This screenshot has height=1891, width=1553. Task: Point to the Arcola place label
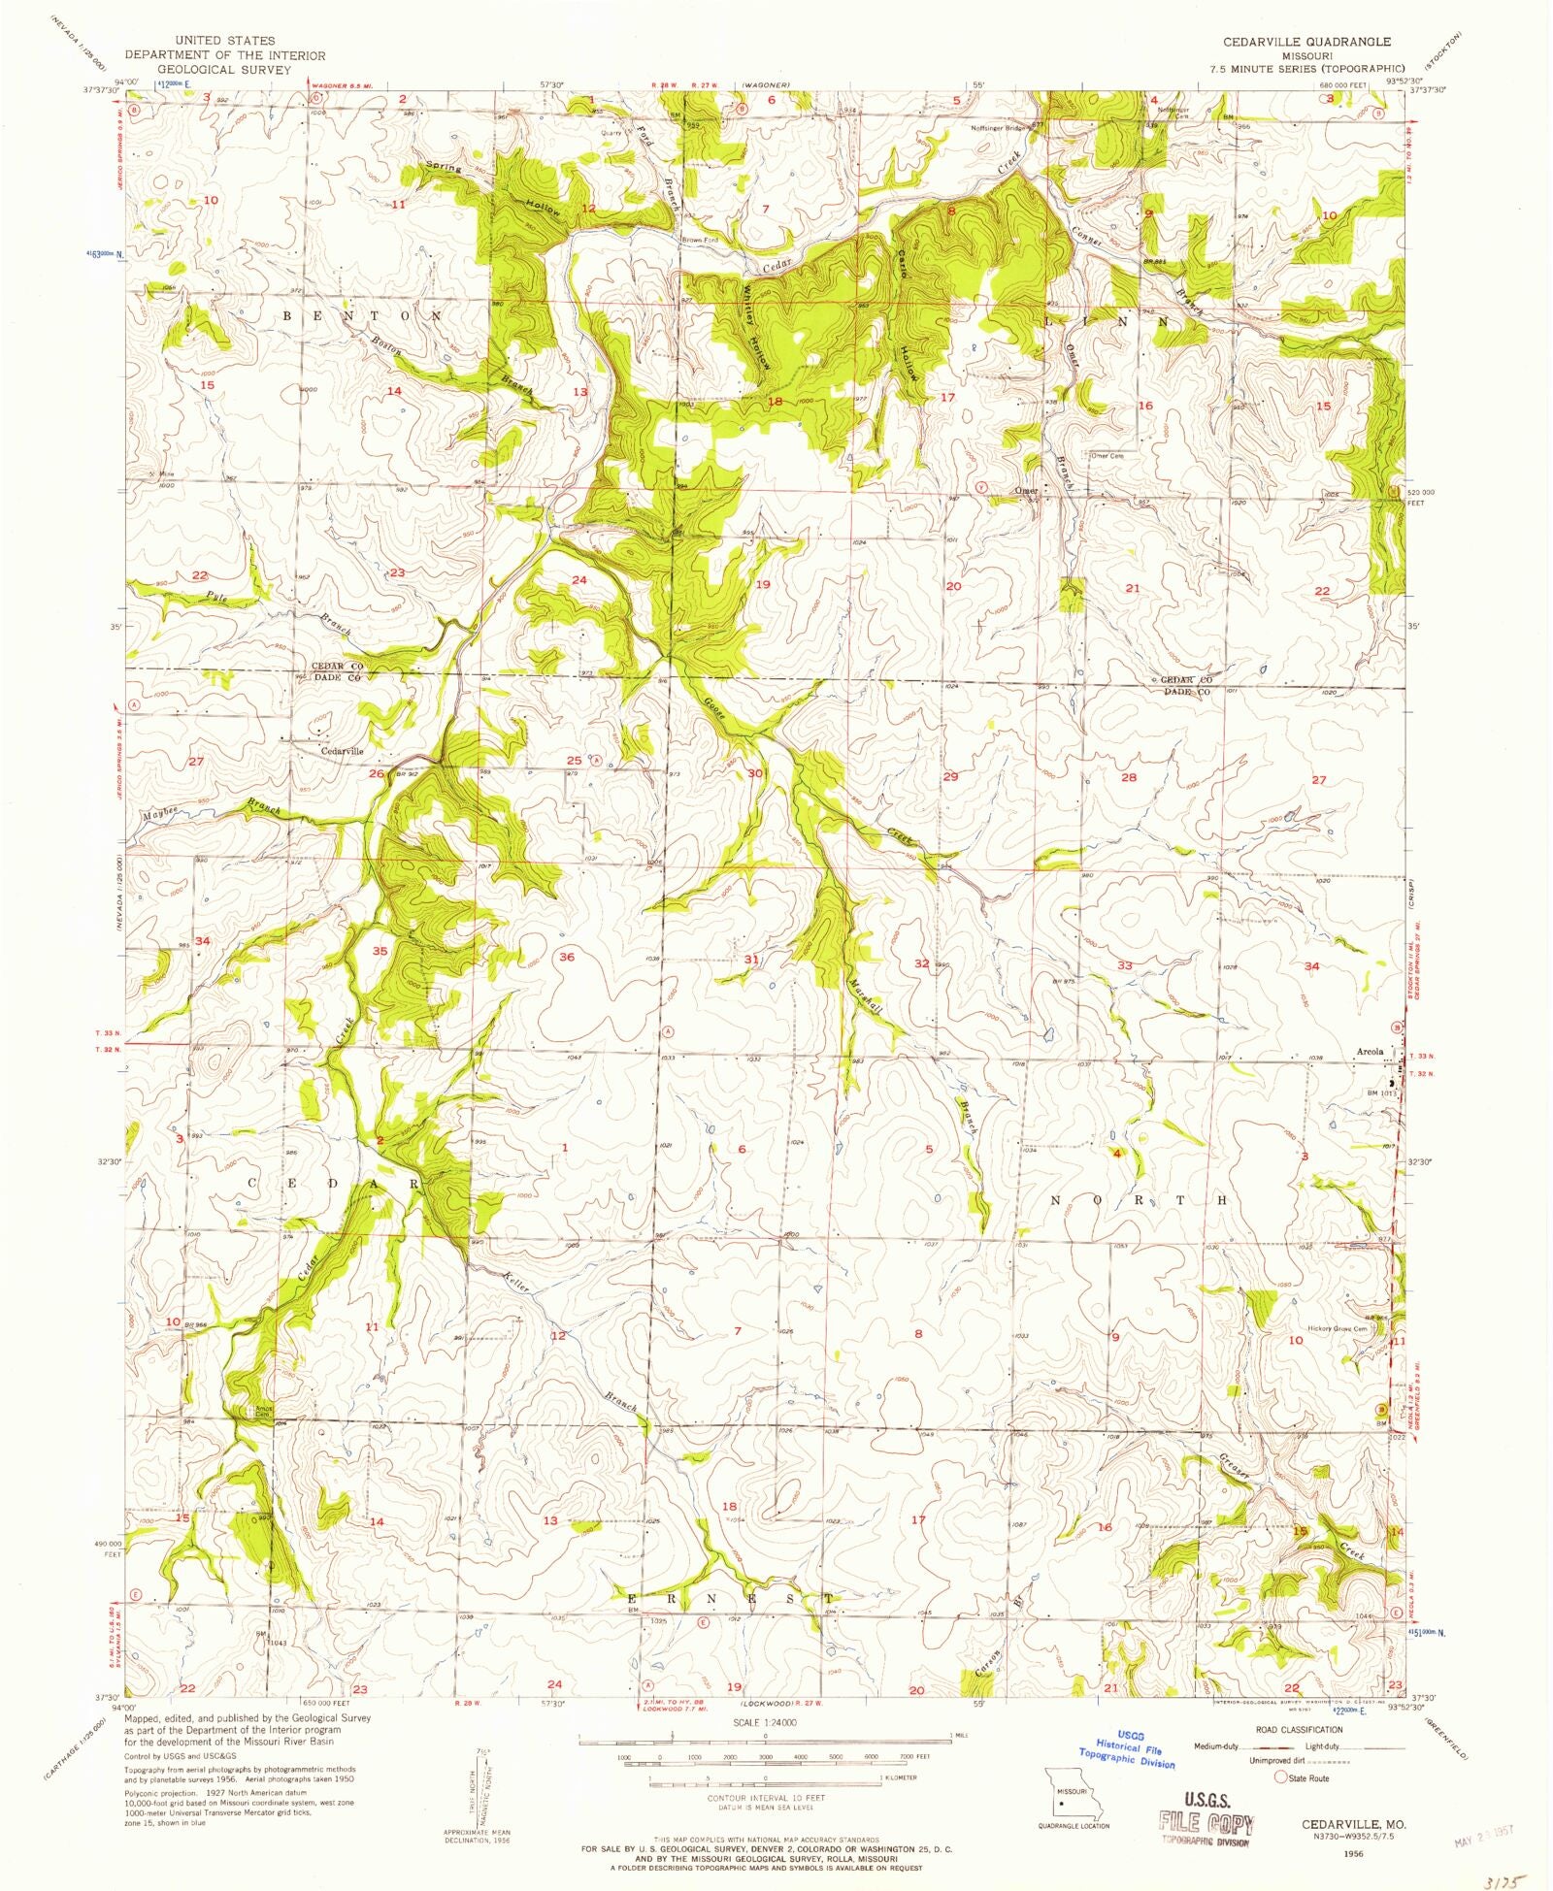(x=1369, y=1051)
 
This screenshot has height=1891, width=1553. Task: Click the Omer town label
(x=1026, y=491)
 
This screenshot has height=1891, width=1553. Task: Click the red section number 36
(x=567, y=957)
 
